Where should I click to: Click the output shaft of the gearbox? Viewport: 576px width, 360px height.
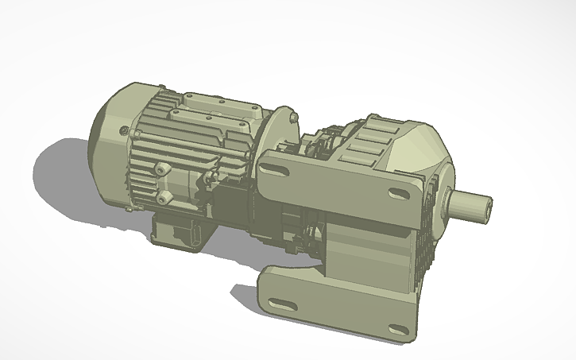point(469,204)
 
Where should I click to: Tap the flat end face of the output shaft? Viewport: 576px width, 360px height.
point(486,206)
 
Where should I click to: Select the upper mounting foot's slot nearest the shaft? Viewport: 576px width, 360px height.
point(395,193)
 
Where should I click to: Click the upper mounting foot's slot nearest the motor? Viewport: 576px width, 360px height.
point(281,168)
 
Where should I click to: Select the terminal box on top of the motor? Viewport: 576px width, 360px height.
point(215,111)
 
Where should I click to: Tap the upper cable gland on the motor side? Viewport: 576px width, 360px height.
point(164,169)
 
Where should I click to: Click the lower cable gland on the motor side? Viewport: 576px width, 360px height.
point(164,195)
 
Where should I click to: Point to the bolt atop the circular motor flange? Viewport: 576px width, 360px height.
point(293,118)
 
